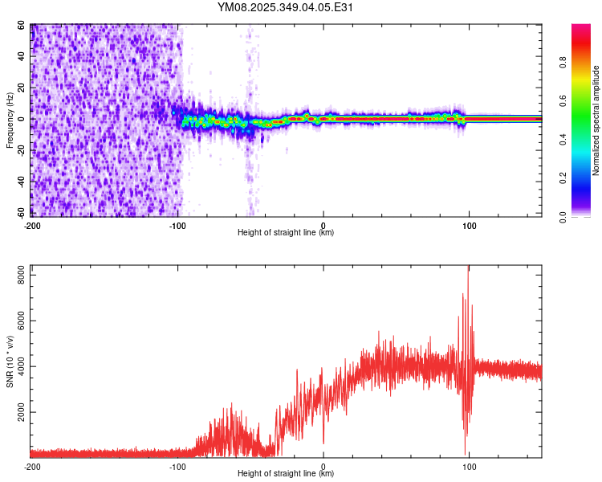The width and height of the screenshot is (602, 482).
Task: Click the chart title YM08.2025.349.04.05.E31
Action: [x=286, y=7]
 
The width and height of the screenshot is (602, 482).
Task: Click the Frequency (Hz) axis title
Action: [x=10, y=120]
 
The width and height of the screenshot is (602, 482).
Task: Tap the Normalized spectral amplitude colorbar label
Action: [x=596, y=120]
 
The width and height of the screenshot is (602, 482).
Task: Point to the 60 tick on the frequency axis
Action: [x=22, y=26]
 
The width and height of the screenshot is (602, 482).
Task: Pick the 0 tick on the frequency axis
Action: [x=25, y=119]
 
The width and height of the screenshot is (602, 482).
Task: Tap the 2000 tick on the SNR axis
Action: [x=18, y=411]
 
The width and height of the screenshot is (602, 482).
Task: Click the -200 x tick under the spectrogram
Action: [x=32, y=224]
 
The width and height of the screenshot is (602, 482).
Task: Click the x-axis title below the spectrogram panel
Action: [x=286, y=233]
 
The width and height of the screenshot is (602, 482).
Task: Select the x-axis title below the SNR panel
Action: [x=286, y=475]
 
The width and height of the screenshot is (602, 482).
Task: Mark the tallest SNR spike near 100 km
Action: [x=468, y=268]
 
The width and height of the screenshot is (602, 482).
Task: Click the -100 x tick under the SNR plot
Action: [x=177, y=466]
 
